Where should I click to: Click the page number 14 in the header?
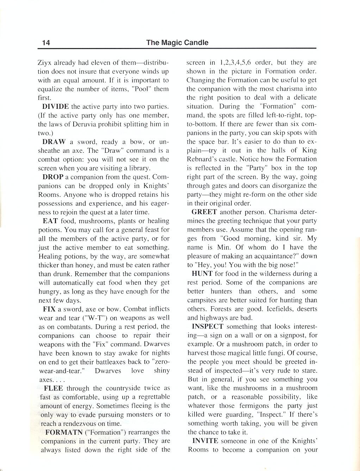(46, 43)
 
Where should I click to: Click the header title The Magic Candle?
(177, 43)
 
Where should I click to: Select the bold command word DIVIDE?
(55, 106)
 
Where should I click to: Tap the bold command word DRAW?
(54, 142)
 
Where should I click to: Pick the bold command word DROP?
(53, 177)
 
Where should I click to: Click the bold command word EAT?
(50, 221)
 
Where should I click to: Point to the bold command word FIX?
(49, 309)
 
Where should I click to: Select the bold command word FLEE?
(53, 388)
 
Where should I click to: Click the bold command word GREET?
(204, 212)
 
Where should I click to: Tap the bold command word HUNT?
(202, 274)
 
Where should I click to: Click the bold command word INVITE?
(205, 441)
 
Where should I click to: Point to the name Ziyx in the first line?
(45, 63)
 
